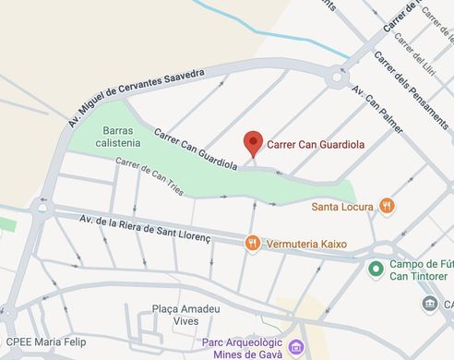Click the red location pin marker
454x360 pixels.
pos(253,144)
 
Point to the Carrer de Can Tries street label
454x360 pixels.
pos(149,175)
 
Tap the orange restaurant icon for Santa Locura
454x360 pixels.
pos(388,205)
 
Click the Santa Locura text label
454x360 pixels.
pos(344,205)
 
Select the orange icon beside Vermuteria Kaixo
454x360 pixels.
pos(252,243)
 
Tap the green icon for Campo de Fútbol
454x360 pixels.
pos(376,269)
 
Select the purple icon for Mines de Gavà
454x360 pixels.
pos(295,347)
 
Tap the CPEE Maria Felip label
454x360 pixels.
pos(42,342)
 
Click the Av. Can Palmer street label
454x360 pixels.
pos(377,110)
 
